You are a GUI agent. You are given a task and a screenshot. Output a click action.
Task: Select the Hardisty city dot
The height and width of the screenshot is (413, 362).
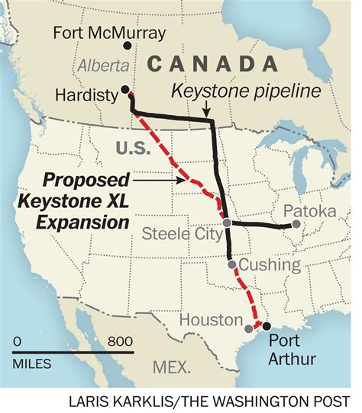[x=125, y=88]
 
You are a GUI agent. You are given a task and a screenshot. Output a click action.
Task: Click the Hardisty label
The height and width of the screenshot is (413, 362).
[x=86, y=94]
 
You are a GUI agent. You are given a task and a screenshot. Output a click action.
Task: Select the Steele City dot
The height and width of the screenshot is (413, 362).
[x=227, y=223]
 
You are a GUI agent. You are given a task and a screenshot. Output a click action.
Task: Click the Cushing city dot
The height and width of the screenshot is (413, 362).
[x=231, y=264]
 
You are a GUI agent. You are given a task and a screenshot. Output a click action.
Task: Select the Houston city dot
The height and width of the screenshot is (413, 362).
[x=249, y=328]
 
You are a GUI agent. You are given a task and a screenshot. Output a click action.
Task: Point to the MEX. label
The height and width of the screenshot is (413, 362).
[x=171, y=367]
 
